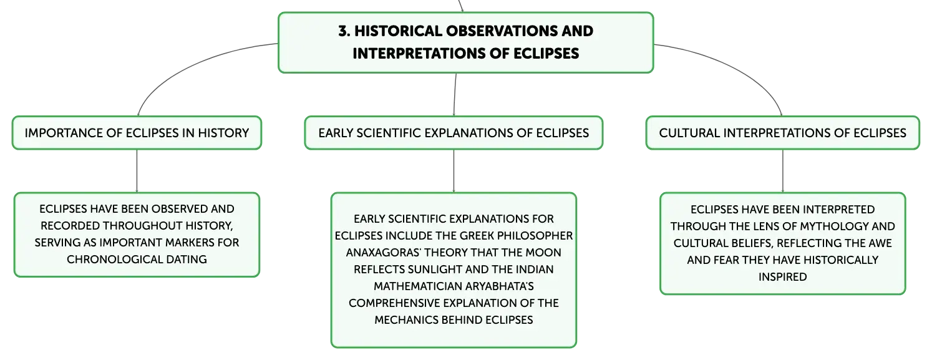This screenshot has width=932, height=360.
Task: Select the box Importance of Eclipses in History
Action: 137,133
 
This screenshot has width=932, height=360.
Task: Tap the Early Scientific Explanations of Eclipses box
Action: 454,133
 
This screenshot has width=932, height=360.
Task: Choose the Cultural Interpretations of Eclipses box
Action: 783,133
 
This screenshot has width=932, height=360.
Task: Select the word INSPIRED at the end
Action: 783,277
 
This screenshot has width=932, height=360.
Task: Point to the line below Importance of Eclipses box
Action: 137,170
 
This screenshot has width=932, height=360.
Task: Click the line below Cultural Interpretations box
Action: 783,170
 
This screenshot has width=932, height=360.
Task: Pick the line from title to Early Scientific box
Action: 455,94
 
